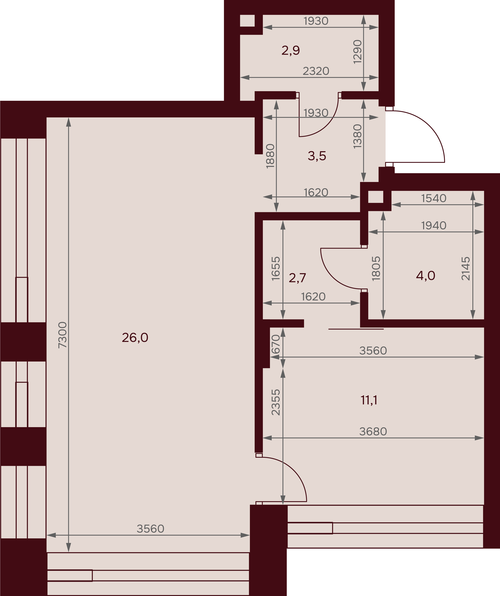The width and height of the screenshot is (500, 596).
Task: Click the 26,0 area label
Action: [135, 338]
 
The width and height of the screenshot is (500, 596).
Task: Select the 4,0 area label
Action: [425, 276]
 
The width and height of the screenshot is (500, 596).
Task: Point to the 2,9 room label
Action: [291, 50]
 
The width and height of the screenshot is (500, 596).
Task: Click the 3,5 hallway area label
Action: [317, 156]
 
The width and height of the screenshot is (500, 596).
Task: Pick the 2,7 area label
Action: [297, 278]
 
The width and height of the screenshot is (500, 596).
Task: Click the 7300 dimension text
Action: [62, 335]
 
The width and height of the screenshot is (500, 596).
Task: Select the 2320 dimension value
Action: [316, 71]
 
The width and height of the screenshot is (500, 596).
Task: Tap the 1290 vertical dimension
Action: [357, 52]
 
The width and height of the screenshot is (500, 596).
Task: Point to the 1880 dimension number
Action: [270, 156]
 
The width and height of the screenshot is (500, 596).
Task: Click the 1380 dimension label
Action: [357, 136]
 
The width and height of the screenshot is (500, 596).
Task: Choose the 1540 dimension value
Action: [434, 198]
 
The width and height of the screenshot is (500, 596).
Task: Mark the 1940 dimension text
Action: [434, 226]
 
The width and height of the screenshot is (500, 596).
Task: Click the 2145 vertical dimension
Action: [466, 268]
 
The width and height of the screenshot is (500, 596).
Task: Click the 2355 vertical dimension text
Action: [276, 402]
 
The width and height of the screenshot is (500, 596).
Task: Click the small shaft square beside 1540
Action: [376, 197]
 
